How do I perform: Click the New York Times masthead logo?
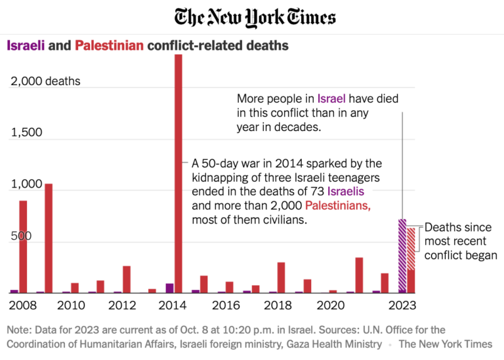coord(255,17)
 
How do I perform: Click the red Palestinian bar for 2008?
coord(23,246)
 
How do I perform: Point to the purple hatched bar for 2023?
coord(402,256)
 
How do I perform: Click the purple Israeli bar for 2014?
coord(169,288)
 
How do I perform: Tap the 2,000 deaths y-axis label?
coord(46,81)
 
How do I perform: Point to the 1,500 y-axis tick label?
coord(26,132)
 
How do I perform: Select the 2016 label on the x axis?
coord(226,305)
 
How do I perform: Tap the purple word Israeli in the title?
coord(26,46)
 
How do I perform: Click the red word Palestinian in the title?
coord(110,46)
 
